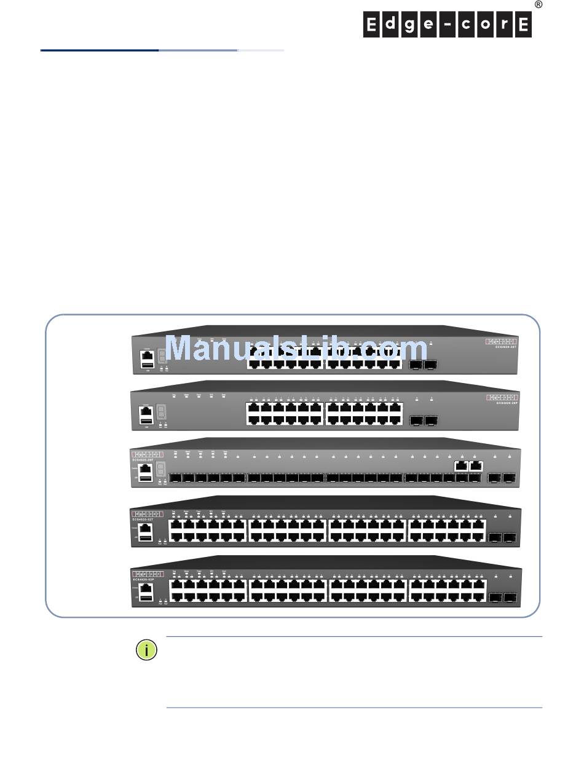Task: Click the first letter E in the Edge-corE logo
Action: point(371,25)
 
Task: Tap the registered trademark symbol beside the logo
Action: point(539,4)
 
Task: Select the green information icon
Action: point(146,650)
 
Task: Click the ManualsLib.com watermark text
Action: point(297,349)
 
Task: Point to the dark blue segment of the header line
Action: point(99,50)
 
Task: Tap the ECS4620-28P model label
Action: point(508,403)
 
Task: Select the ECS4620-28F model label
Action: point(144,459)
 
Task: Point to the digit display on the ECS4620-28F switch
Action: point(161,468)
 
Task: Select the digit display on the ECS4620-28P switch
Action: point(161,411)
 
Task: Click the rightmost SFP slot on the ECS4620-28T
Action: point(431,365)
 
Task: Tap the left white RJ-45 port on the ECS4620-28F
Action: point(461,465)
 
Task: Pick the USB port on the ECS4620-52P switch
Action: point(146,598)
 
